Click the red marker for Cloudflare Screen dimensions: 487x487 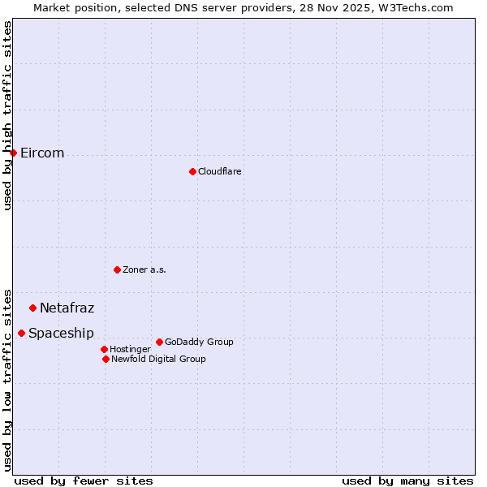(x=192, y=171)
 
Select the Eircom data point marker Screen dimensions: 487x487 (x=13, y=153)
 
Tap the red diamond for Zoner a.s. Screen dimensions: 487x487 (x=117, y=269)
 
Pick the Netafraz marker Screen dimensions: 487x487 (x=32, y=308)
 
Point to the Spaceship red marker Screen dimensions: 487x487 (x=21, y=333)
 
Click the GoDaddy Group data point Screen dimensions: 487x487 (x=159, y=342)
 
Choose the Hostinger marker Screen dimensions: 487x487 (x=104, y=349)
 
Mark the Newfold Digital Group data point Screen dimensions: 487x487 (x=106, y=359)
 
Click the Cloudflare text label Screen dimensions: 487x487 (x=220, y=171)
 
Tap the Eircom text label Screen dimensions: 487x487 (x=42, y=153)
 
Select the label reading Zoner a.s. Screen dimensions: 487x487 (x=144, y=269)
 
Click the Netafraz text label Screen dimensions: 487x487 (x=67, y=308)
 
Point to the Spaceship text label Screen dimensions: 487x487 (x=61, y=333)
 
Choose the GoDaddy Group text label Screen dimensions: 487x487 (x=199, y=342)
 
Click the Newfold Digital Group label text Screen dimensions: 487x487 (x=158, y=359)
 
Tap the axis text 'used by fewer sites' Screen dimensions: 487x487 (x=84, y=481)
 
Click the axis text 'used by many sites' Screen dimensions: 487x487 (x=407, y=481)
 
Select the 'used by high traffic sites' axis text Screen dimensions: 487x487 (x=7, y=115)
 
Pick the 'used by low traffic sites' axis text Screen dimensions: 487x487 (x=7, y=379)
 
